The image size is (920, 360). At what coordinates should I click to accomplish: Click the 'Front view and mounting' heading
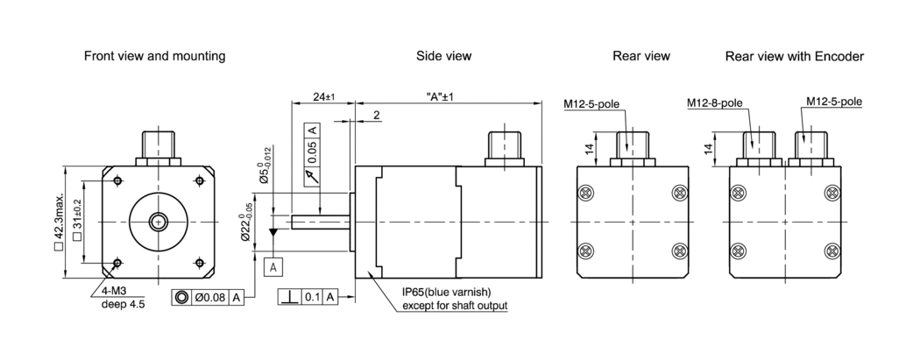(154, 56)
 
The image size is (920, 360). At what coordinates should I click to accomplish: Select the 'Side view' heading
(443, 56)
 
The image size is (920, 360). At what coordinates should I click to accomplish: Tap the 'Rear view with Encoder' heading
(794, 56)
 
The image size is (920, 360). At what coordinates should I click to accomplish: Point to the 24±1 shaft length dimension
(323, 97)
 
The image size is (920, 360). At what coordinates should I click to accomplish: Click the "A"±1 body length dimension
(444, 97)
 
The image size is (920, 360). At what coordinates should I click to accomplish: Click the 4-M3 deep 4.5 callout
(117, 298)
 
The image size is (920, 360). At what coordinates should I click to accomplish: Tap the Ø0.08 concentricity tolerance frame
(209, 298)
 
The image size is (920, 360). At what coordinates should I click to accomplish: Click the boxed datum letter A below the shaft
(273, 265)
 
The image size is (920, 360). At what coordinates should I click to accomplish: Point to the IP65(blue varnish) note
(445, 292)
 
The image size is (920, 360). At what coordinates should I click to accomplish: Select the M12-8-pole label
(714, 102)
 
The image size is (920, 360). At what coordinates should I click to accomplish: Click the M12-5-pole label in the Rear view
(592, 102)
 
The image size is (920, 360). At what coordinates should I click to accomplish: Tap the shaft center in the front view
(159, 222)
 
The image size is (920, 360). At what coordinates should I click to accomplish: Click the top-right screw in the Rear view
(678, 193)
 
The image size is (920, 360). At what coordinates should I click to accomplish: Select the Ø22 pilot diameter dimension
(250, 221)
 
